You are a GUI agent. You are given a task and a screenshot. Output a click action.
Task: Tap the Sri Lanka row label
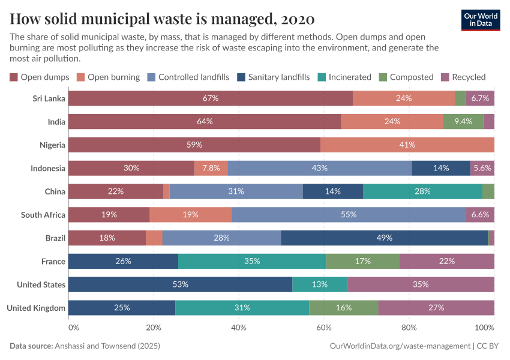coord(49,98)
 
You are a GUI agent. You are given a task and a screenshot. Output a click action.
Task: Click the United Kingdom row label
coord(36,308)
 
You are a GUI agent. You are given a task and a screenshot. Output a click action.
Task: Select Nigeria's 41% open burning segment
coord(407,145)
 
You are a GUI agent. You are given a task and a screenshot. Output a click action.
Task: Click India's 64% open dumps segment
coord(205,121)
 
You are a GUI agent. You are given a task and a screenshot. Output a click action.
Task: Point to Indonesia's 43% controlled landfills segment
coord(320,168)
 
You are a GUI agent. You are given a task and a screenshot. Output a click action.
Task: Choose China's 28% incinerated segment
coord(422,191)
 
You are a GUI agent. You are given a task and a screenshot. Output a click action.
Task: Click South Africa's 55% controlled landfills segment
coord(349,214)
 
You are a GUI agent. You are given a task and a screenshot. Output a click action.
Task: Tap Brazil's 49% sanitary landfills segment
coord(384,238)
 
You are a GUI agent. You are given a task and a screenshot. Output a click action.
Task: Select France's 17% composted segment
coord(362,261)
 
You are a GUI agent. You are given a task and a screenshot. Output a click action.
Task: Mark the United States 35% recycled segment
coord(421,284)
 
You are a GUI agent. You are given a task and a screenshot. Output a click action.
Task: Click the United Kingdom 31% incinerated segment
coord(242,308)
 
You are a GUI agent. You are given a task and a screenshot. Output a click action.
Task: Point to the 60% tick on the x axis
coord(324,328)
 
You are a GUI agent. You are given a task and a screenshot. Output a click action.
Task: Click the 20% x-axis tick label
coord(154,328)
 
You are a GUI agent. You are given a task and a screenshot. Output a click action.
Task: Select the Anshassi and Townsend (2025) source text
coord(107,346)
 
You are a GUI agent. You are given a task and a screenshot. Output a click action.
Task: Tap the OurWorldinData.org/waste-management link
coord(400,346)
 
